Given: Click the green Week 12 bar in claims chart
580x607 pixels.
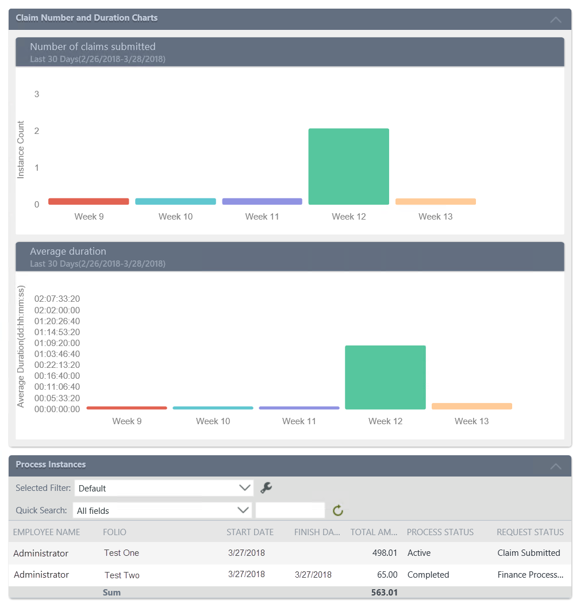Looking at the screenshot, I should (x=348, y=167).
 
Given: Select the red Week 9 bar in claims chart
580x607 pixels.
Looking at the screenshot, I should (x=89, y=201).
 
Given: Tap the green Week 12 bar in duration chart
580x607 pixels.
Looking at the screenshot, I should (x=385, y=377).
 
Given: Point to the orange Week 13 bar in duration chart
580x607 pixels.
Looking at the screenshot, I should (x=471, y=406).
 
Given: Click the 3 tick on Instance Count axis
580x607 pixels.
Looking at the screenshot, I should (x=37, y=94).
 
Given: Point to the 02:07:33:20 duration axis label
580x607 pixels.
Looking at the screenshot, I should (x=57, y=299).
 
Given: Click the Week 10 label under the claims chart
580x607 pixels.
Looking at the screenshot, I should (x=175, y=217).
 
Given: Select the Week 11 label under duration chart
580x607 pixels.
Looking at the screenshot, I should (x=299, y=421).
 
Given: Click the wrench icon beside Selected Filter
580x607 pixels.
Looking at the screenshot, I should (x=266, y=488).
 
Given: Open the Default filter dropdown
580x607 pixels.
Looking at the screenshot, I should (x=164, y=488).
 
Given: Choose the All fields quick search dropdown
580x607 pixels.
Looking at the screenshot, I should (x=163, y=510).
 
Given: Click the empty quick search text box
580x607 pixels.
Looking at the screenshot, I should (x=290, y=510).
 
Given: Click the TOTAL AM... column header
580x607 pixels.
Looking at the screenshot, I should (x=374, y=532).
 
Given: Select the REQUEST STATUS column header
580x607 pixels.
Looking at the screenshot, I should (x=530, y=532).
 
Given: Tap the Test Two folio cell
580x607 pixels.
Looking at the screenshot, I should (x=122, y=575).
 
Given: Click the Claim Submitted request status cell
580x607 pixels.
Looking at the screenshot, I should (x=528, y=553).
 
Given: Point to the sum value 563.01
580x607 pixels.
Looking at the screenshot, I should (x=384, y=592).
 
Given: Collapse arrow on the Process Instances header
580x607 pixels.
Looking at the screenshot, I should (x=555, y=466).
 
